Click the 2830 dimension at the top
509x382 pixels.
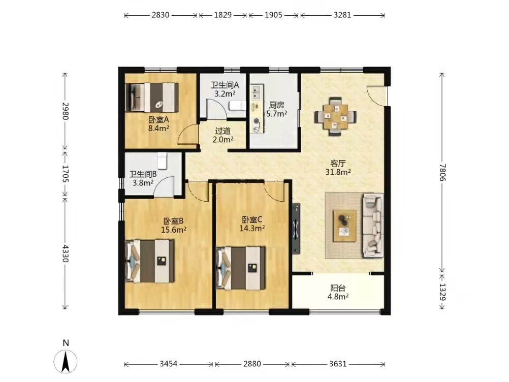click(x=161, y=15)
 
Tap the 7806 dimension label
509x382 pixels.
click(x=442, y=172)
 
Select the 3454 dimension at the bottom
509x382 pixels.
click(x=169, y=364)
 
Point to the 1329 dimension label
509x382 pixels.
click(x=442, y=292)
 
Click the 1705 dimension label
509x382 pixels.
click(x=65, y=174)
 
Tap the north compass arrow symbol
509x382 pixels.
click(x=66, y=362)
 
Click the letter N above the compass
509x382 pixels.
click(x=66, y=343)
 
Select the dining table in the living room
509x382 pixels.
click(x=335, y=116)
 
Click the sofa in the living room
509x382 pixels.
click(x=373, y=225)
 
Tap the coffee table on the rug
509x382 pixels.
click(x=345, y=226)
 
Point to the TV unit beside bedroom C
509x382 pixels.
click(x=296, y=229)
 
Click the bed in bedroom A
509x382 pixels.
click(x=152, y=98)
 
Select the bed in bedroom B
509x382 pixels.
click(x=150, y=261)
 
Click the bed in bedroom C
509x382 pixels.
click(x=241, y=268)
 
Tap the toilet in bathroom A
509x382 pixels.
click(x=237, y=105)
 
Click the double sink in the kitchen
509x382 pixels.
click(x=257, y=92)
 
